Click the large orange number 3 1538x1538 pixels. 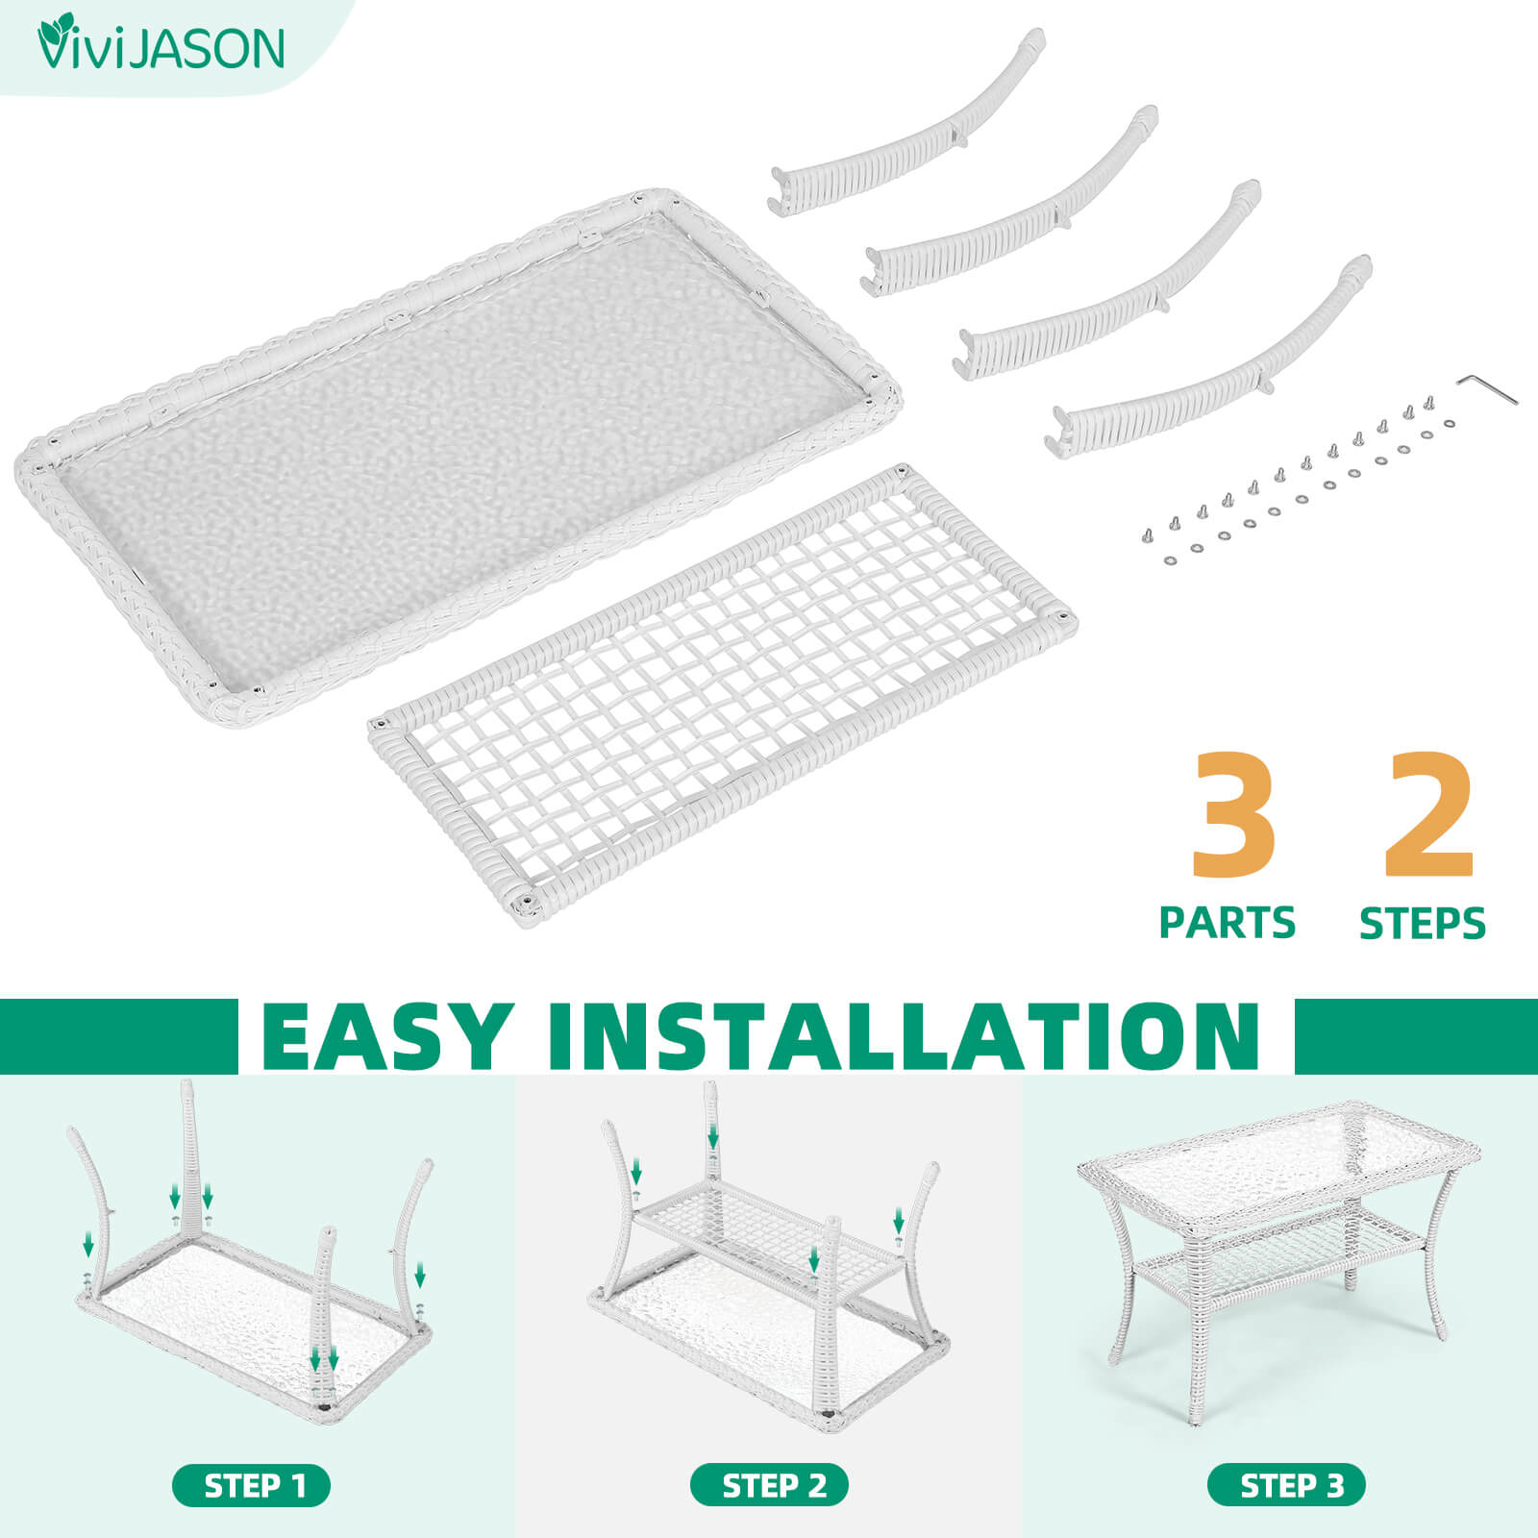(x=1234, y=814)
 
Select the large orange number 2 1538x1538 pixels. (x=1429, y=814)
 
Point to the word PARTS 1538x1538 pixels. (x=1228, y=923)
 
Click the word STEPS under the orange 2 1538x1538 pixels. (x=1423, y=924)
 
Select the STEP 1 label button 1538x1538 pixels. (x=251, y=1486)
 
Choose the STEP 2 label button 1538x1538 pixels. (x=769, y=1486)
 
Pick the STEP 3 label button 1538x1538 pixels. (x=1286, y=1486)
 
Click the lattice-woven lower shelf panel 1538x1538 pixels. (x=723, y=692)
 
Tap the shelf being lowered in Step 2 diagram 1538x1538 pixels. (x=774, y=1240)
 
